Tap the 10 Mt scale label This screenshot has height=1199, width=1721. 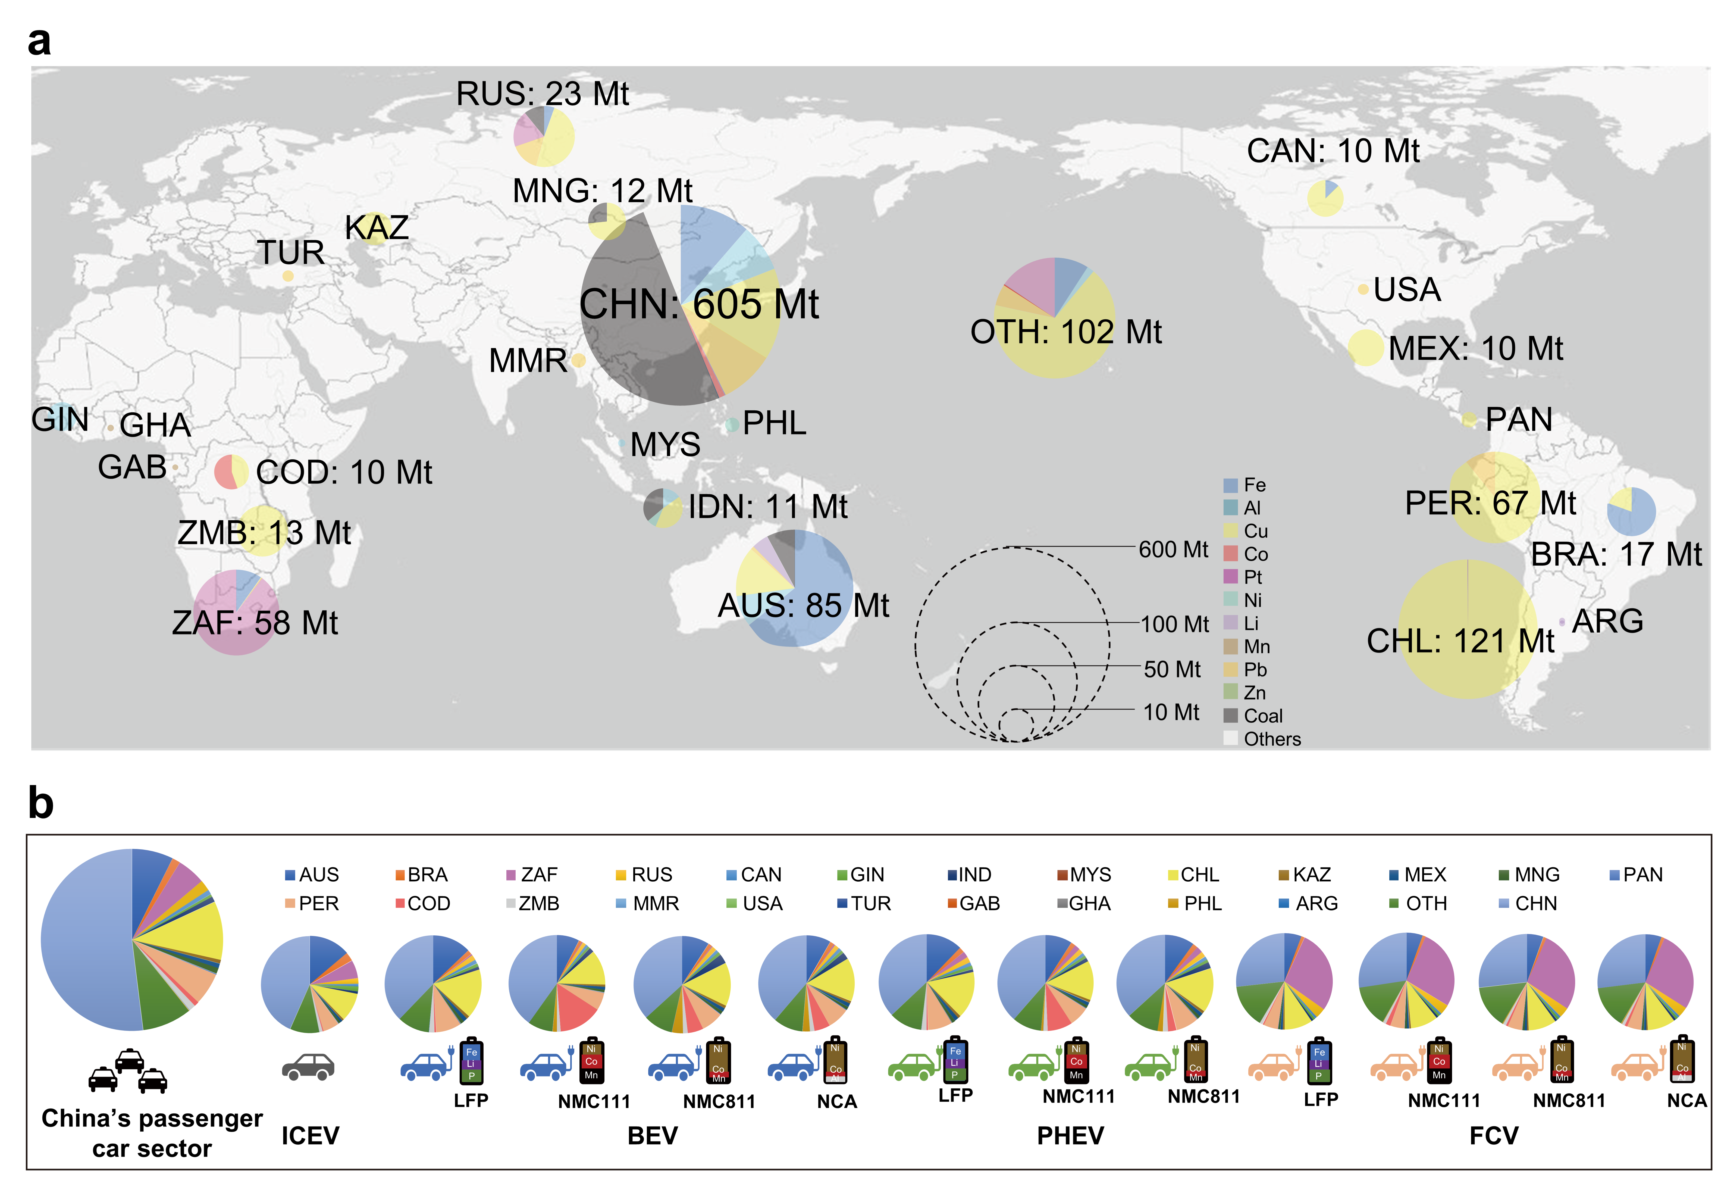click(x=1171, y=712)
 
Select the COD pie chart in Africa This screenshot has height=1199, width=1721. click(x=231, y=472)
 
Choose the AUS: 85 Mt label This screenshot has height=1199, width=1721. click(x=803, y=606)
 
